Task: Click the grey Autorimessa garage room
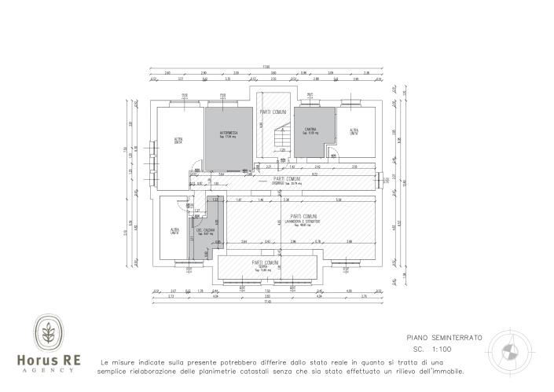click(229, 137)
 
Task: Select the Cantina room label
click(310, 130)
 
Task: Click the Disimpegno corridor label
click(287, 183)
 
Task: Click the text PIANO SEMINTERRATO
click(445, 337)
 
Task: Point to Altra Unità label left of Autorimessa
click(178, 141)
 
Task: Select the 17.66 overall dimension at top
click(266, 67)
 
